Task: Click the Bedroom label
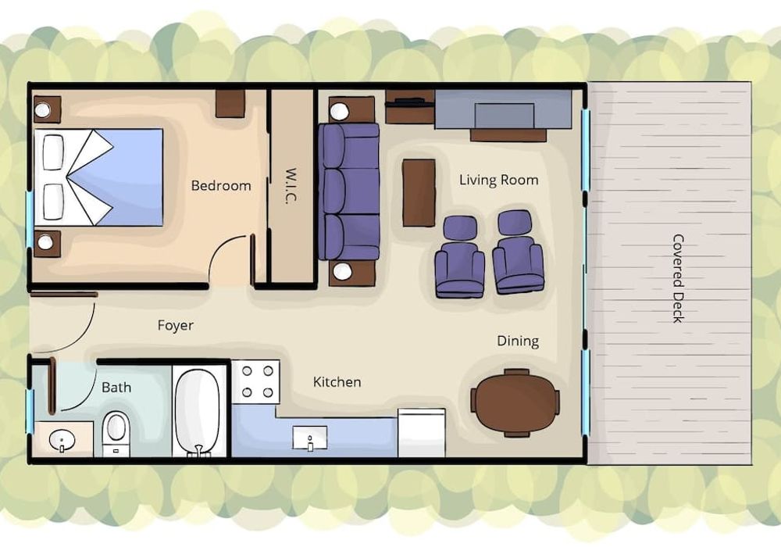221,186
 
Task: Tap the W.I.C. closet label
291,185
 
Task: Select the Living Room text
498,180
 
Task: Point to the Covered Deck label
678,278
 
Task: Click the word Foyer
175,325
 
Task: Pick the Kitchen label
337,382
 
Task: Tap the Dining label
518,341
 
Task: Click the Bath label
116,387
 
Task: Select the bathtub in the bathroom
198,412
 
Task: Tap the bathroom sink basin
62,441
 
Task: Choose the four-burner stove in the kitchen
256,382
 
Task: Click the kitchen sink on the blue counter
310,438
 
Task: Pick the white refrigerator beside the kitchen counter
422,433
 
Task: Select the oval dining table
515,403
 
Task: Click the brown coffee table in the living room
419,193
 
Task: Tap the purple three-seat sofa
349,191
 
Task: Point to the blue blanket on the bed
123,177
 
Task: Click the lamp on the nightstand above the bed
42,109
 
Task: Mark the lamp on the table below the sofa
342,271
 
